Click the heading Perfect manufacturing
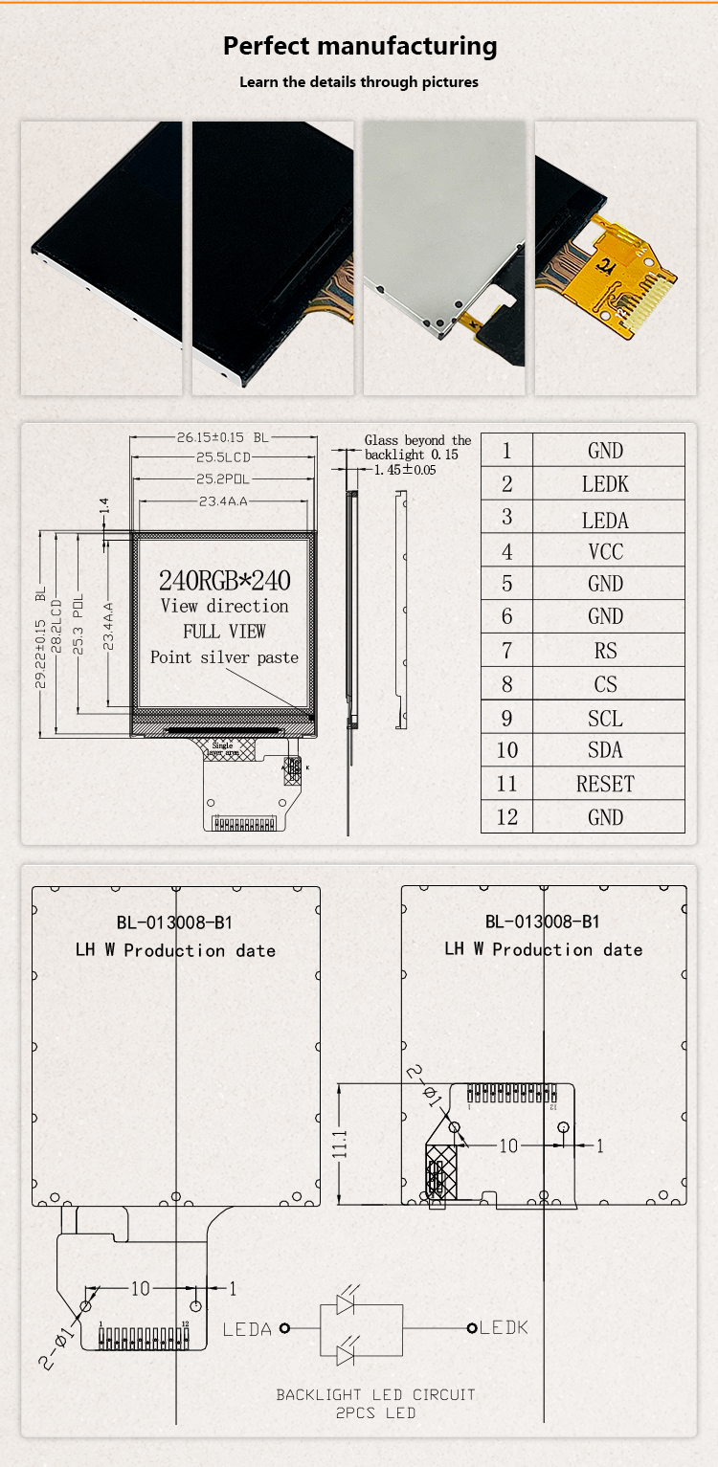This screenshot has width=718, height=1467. coord(359,46)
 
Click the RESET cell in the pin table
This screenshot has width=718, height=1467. coord(605,784)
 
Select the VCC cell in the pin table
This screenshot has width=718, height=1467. coord(605,551)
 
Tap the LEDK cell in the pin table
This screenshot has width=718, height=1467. coord(605,484)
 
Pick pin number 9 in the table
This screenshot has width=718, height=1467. coord(506,718)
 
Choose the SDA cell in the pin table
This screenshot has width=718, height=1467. coord(605,750)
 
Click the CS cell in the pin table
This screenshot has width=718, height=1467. coord(605,684)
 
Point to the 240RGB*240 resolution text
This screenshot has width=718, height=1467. coord(224,579)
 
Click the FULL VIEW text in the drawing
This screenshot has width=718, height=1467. coord(224,632)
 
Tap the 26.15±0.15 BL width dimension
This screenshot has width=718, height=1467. coord(222,437)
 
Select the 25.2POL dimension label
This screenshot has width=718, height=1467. coord(223,478)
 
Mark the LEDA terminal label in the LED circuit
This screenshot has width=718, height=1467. coord(247,1328)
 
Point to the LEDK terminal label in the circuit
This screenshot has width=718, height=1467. coord(504,1327)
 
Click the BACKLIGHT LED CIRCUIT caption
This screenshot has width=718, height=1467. coord(375,1394)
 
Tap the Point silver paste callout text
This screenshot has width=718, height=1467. coord(224,657)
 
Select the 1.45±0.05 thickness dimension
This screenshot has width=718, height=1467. coord(405,470)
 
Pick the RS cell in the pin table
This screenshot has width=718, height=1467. coord(605,651)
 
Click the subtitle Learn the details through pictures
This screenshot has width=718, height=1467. coord(359,82)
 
